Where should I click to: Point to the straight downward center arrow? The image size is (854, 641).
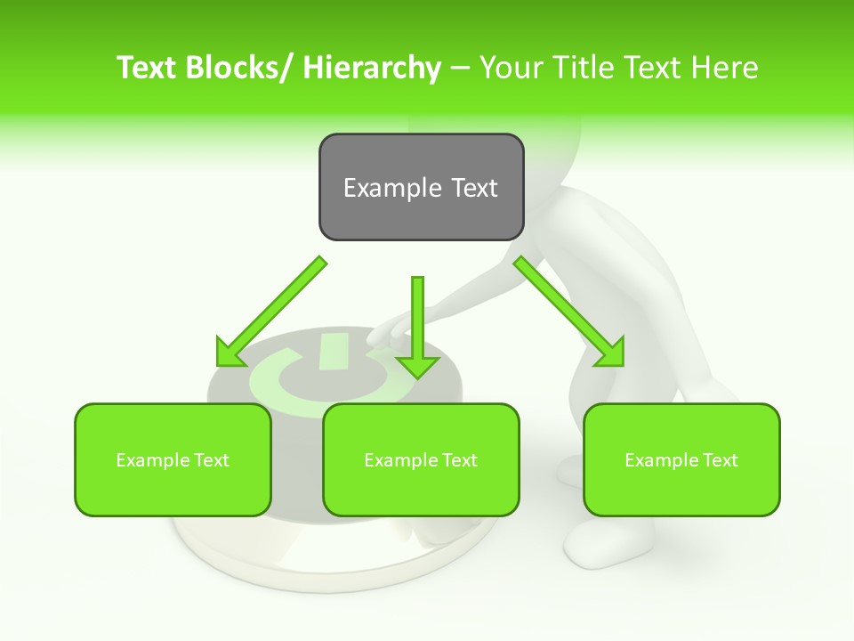(417, 326)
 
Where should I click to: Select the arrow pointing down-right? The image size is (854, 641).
(569, 312)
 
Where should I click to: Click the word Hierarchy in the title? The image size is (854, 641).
(372, 68)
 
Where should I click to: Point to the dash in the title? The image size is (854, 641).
(460, 69)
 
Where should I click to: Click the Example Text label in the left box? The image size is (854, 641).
(173, 460)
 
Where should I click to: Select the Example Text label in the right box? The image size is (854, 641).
(681, 460)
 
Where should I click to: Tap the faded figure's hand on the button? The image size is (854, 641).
(384, 332)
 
